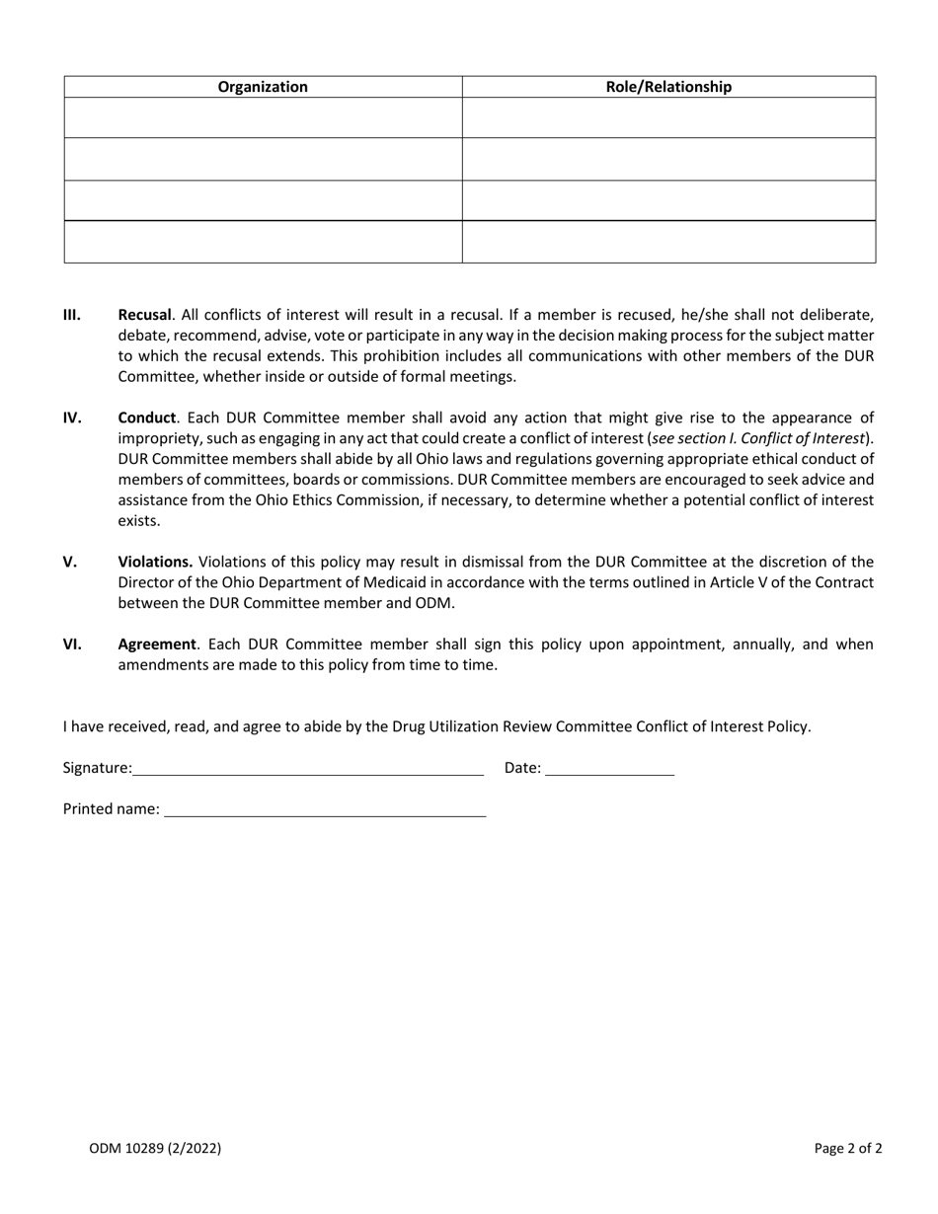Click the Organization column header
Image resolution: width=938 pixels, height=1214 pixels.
[263, 87]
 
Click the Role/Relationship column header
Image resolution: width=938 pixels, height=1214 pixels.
[668, 87]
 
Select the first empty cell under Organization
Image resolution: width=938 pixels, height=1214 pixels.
[263, 117]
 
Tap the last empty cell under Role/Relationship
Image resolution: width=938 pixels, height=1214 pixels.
[668, 242]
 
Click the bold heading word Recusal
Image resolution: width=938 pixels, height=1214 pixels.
[144, 315]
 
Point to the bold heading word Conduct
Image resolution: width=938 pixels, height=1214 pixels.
[146, 417]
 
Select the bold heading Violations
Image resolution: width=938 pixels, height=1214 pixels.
[155, 562]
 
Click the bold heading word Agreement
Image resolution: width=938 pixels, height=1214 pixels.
[157, 645]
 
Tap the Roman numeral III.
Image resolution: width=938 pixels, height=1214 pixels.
[72, 315]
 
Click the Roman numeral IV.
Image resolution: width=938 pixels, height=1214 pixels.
[72, 417]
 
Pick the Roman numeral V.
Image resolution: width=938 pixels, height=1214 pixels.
[70, 562]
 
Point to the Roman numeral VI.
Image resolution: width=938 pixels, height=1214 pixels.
[72, 645]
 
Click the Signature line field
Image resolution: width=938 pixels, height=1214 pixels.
[308, 769]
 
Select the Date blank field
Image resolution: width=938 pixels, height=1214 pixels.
[609, 769]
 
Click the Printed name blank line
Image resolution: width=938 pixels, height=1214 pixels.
[325, 809]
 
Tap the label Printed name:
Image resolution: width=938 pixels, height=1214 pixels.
[112, 809]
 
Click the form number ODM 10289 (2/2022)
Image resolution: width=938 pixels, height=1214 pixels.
[155, 1148]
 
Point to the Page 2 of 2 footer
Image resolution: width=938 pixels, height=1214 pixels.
[848, 1148]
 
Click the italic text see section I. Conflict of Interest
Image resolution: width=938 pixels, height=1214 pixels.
[758, 438]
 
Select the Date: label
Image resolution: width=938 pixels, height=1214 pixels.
[522, 768]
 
